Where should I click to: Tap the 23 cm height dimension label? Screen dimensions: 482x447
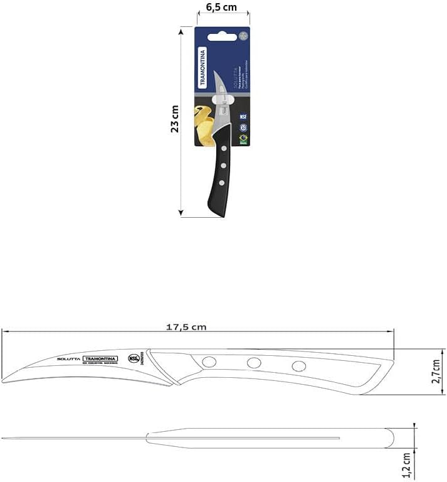pos(175,119)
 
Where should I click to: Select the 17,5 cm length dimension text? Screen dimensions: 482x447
pos(186,327)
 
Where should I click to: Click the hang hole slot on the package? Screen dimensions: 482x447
pos(222,37)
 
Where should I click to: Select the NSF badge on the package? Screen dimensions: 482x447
pos(243,116)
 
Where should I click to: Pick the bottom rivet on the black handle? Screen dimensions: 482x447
pos(221,182)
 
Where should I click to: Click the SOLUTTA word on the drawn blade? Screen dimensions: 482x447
pos(68,358)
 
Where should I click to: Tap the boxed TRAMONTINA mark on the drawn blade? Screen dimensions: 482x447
pos(100,358)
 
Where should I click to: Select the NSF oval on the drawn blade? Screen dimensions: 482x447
pos(134,358)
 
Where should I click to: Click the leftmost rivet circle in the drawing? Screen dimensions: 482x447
pos(209,362)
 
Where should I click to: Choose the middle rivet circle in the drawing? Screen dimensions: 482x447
pos(254,363)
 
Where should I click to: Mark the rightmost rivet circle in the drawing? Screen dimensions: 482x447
pos(299,366)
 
